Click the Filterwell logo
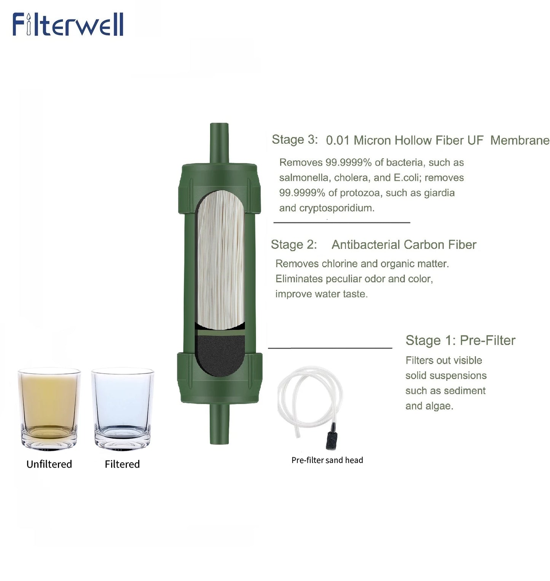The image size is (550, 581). point(68,25)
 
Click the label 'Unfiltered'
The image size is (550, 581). point(49,464)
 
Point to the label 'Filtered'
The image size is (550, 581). point(122,464)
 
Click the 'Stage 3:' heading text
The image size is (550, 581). point(294,140)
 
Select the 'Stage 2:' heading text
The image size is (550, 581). point(293,244)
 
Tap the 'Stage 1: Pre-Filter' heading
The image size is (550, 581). point(460,340)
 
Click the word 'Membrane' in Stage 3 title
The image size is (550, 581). point(520,140)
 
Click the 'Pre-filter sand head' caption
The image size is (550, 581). point(327,460)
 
